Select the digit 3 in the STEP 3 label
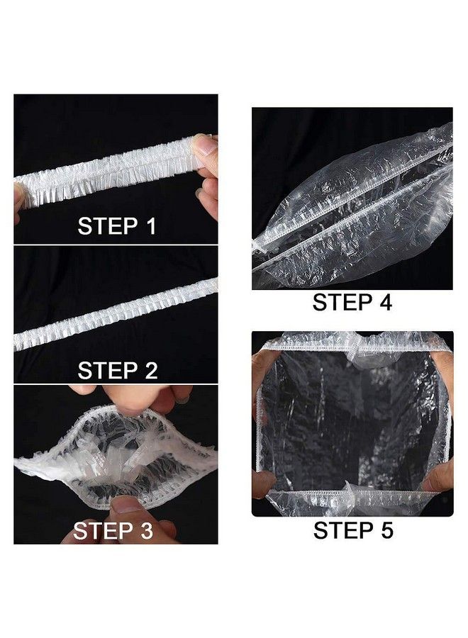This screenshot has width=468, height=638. pyautogui.click(x=145, y=530)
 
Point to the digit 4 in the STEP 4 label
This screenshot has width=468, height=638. pyautogui.click(x=384, y=303)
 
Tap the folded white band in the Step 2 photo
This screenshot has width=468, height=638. pyautogui.click(x=113, y=315)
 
